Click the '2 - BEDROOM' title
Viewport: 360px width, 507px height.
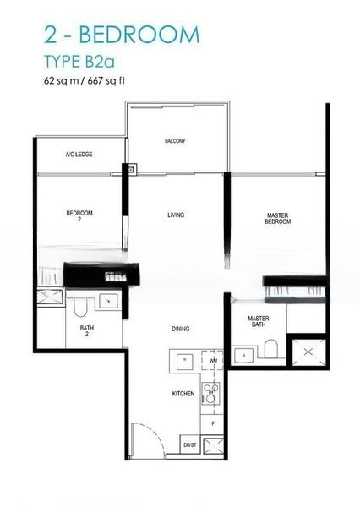coord(122,35)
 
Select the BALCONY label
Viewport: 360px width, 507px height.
coord(175,141)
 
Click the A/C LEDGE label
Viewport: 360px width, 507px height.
coord(79,155)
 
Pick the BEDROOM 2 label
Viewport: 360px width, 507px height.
coord(79,215)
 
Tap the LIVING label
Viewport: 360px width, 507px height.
coord(176,215)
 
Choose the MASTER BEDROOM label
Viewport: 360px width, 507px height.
coord(278,218)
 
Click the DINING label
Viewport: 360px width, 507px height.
coord(179,329)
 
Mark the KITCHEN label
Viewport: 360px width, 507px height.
coord(183,394)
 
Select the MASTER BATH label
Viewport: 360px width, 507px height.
coord(259,322)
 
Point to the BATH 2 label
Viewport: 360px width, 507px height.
coord(87,330)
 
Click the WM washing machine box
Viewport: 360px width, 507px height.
coord(212,361)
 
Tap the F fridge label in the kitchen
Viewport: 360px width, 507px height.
coord(212,422)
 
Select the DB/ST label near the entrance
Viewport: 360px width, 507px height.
coord(189,445)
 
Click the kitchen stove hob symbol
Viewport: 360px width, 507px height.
coord(211,392)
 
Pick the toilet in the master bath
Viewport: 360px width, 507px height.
coord(271,349)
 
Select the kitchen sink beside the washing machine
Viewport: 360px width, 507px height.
coord(184,361)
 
